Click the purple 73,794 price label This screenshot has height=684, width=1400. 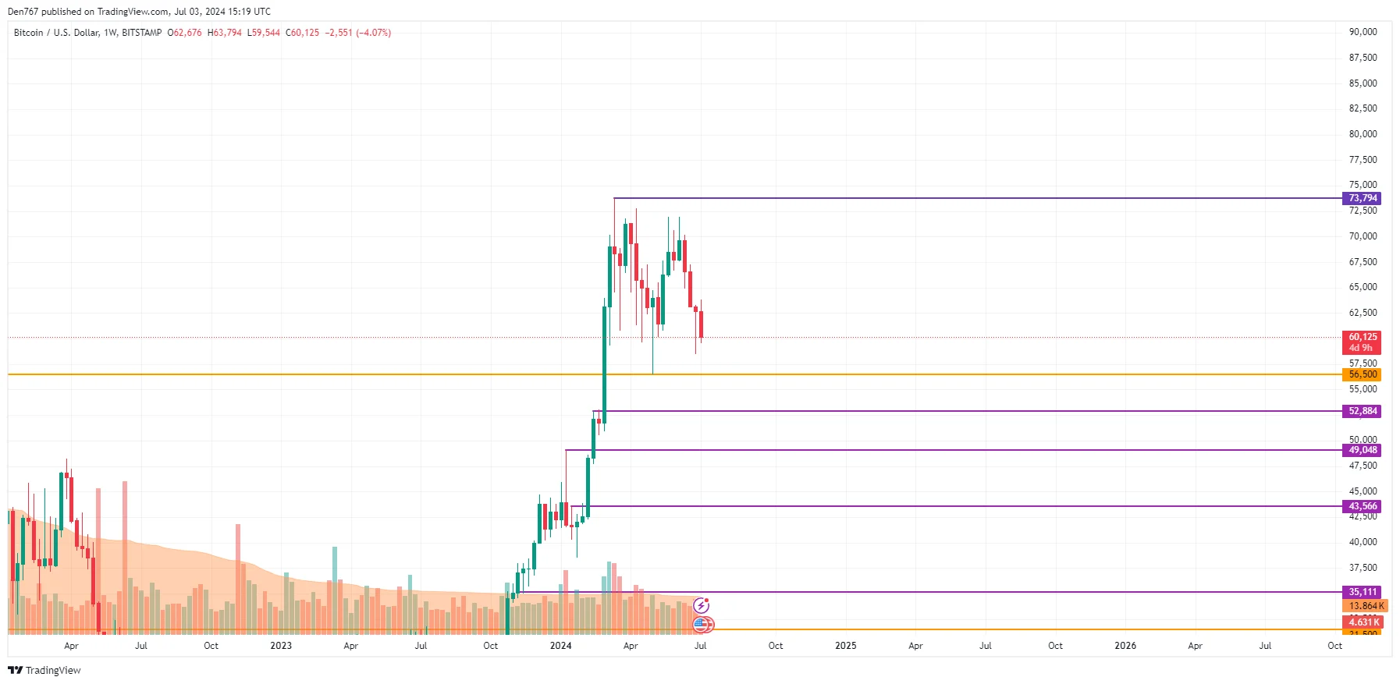click(x=1363, y=198)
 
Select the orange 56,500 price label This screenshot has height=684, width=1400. click(x=1363, y=374)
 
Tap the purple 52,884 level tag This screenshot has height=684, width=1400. click(x=1363, y=411)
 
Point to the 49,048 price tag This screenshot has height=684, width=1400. click(x=1363, y=450)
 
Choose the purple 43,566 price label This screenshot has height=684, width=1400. click(x=1363, y=506)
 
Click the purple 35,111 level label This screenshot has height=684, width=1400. click(x=1363, y=592)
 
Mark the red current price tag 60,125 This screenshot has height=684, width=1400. click(x=1363, y=338)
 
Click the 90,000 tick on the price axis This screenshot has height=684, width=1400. click(x=1363, y=32)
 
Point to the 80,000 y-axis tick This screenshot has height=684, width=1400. click(x=1363, y=134)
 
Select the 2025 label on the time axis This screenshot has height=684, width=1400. click(x=845, y=646)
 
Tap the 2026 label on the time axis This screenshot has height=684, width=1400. click(x=1125, y=646)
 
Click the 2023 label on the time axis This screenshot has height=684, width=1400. click(x=281, y=646)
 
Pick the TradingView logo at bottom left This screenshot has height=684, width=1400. click(x=44, y=671)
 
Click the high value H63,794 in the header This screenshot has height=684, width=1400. click(x=225, y=33)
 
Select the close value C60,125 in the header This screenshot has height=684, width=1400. click(x=303, y=33)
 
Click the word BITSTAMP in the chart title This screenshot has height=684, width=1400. click(x=142, y=33)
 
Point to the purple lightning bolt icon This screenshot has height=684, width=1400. click(x=702, y=605)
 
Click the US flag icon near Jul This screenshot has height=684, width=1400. click(x=702, y=624)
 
